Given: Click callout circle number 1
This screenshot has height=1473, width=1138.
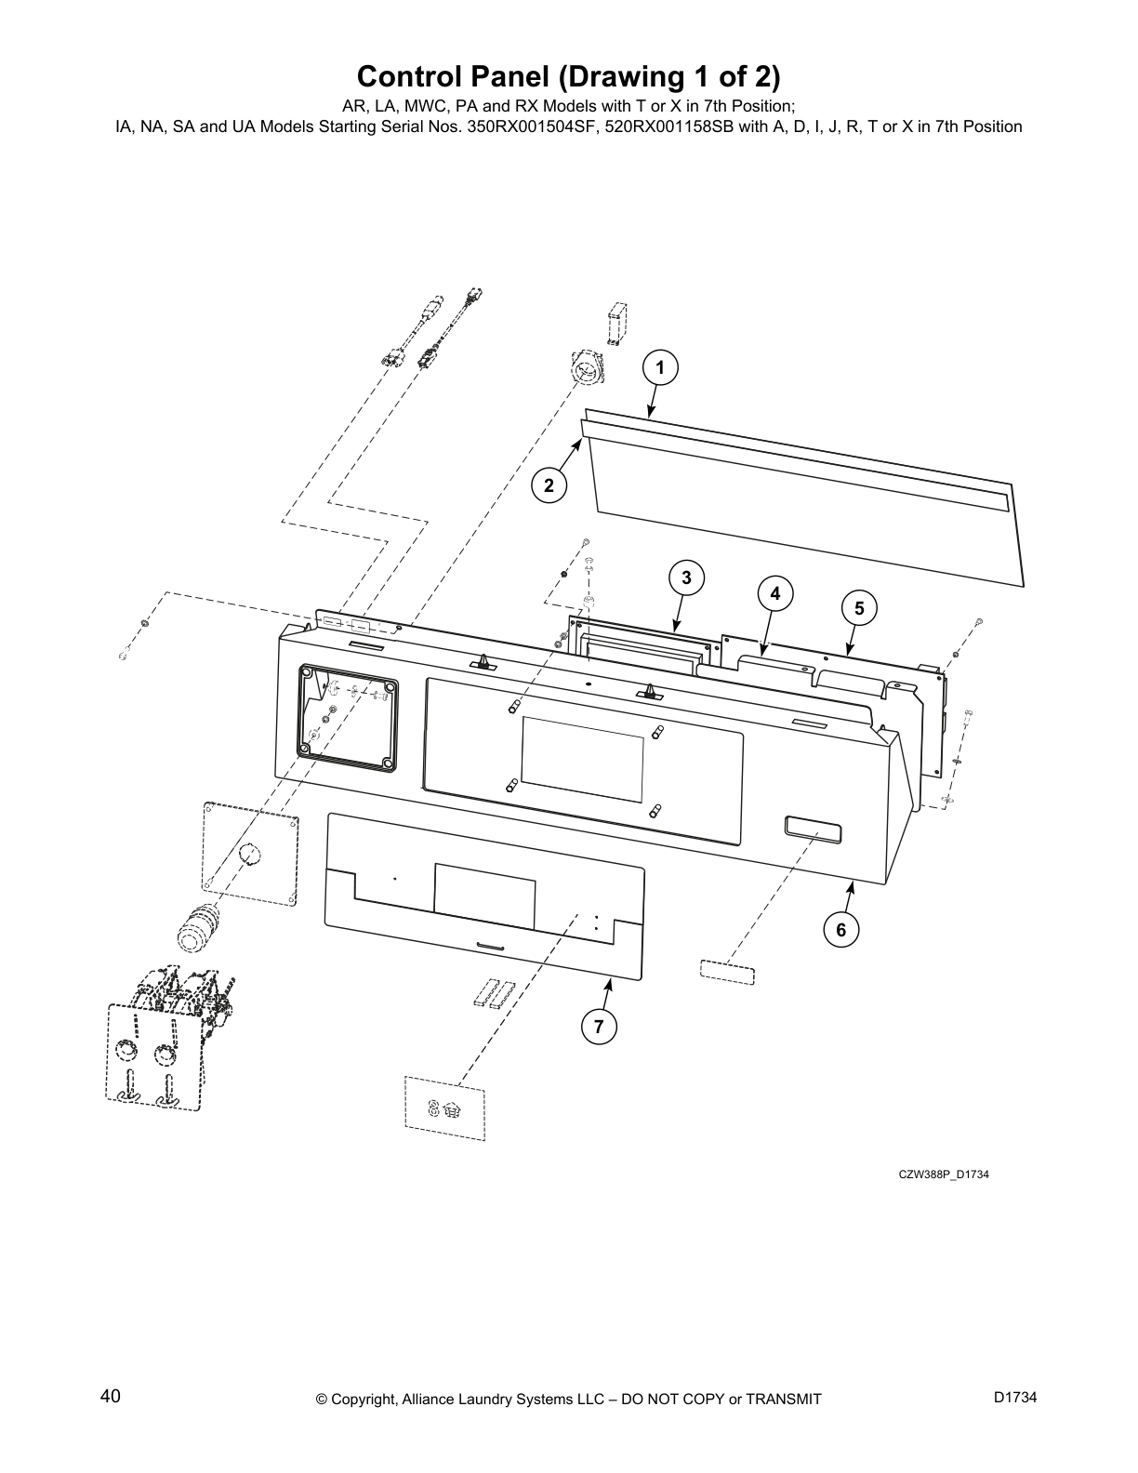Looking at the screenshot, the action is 660,368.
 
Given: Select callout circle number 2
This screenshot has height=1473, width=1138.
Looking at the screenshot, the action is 549,484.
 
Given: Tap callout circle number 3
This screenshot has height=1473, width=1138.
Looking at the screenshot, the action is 686,577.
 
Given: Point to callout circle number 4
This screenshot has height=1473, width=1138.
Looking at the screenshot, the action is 775,592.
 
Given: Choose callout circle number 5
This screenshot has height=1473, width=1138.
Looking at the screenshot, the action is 859,608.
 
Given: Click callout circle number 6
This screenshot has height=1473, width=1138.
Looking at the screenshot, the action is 841,929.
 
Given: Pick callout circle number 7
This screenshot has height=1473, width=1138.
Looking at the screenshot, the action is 599,1026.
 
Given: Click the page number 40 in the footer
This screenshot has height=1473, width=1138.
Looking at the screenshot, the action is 110,1396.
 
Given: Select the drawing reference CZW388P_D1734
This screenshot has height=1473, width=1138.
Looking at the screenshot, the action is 943,1174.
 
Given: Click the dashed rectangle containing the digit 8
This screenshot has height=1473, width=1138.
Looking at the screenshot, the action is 444,1108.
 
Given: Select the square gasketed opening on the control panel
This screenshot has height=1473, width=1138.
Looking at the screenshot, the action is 347,717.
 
